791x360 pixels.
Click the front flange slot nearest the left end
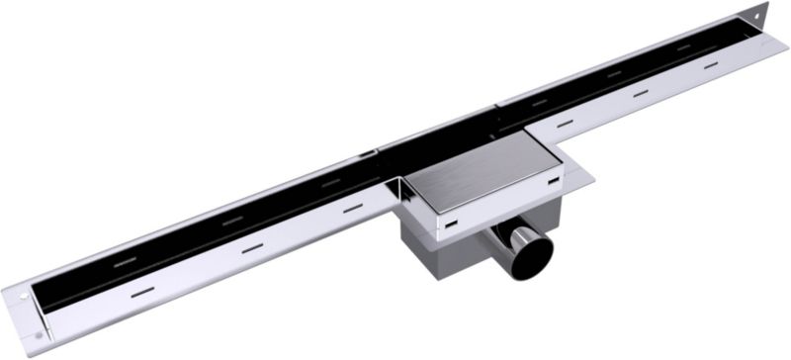coord(142,292)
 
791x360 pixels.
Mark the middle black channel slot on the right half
coord(614,73)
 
